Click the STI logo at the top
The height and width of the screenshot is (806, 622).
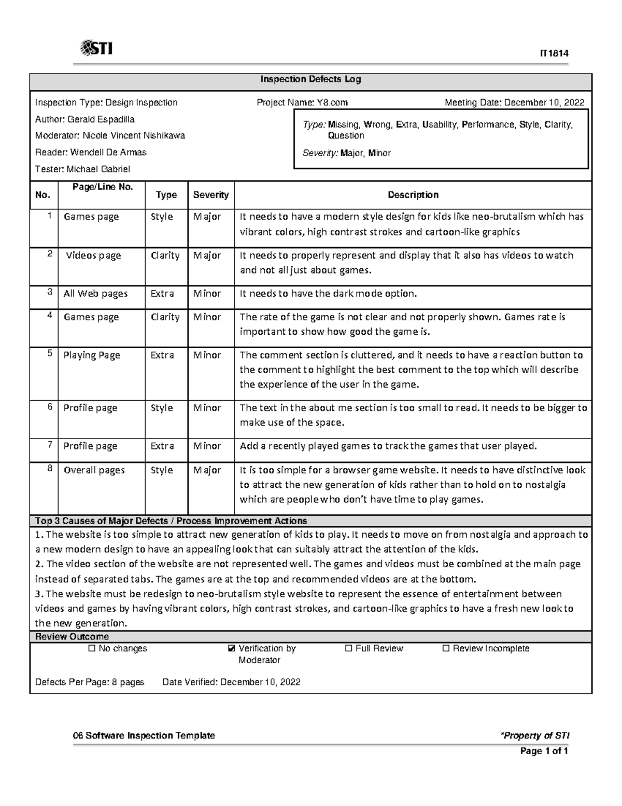click(x=96, y=49)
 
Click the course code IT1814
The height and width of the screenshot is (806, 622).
click(x=554, y=53)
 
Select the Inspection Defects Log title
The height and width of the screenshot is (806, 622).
click(x=310, y=79)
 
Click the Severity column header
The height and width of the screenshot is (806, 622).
click(x=210, y=195)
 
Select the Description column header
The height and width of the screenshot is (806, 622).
click(x=413, y=195)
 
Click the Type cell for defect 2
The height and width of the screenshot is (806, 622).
click(x=165, y=255)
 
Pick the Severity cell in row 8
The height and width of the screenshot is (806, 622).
click(x=207, y=470)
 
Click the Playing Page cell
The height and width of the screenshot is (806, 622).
click(x=92, y=356)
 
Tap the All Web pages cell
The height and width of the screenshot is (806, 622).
click(x=95, y=294)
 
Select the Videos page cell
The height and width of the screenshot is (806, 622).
click(x=93, y=255)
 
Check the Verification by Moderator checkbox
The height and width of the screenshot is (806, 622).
click(x=231, y=649)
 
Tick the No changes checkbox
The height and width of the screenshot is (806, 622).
click(x=92, y=649)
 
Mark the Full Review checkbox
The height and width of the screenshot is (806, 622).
click(x=348, y=649)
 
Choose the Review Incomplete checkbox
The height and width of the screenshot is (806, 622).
click(x=446, y=649)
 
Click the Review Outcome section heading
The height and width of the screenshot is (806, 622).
click(x=72, y=637)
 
